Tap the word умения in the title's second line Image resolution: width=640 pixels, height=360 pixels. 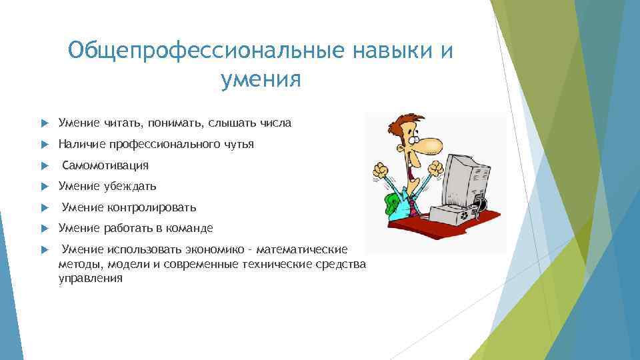[261, 80]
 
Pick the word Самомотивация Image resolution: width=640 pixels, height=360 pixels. [105, 165]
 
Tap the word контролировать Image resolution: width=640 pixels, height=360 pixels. [153, 207]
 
